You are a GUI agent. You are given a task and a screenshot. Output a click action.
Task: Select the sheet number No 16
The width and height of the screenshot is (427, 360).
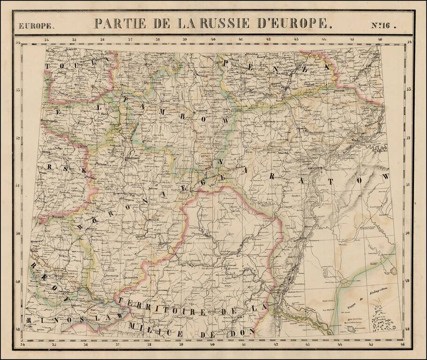pos(384,26)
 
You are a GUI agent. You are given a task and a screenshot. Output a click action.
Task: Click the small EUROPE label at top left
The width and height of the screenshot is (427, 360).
pos(36,27)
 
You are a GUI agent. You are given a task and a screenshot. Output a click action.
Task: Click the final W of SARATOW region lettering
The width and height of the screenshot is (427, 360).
pos(386,177)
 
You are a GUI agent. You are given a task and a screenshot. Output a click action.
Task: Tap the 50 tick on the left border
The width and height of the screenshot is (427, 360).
pos(18,233)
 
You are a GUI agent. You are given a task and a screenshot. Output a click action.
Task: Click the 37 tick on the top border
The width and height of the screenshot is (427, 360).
pos(130,40)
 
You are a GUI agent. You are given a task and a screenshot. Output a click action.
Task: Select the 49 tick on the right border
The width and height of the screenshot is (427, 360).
pos(409,281)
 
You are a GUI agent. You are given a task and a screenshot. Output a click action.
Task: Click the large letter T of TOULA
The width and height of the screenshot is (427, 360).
pos(48,67)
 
